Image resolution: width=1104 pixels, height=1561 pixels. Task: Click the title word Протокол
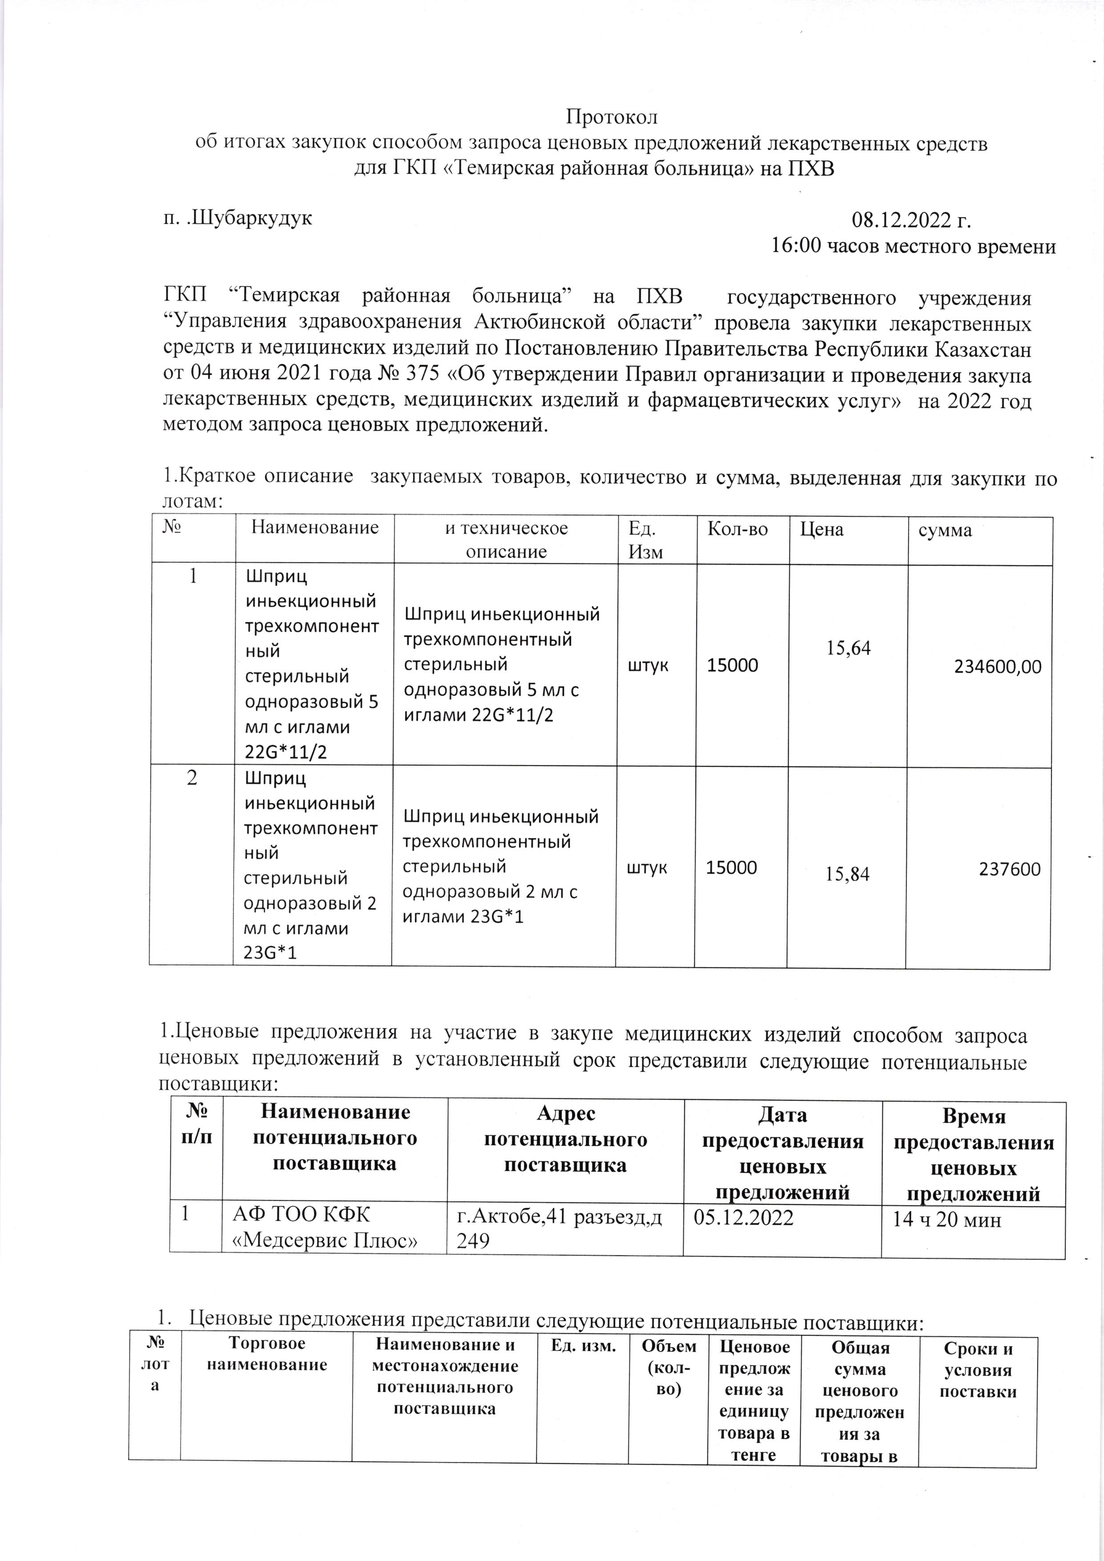tap(611, 117)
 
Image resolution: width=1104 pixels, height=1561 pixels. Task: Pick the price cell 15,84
tap(847, 874)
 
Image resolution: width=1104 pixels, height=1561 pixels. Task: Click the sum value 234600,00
tap(997, 667)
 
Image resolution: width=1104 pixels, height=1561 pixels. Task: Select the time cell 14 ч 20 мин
tap(946, 1219)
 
